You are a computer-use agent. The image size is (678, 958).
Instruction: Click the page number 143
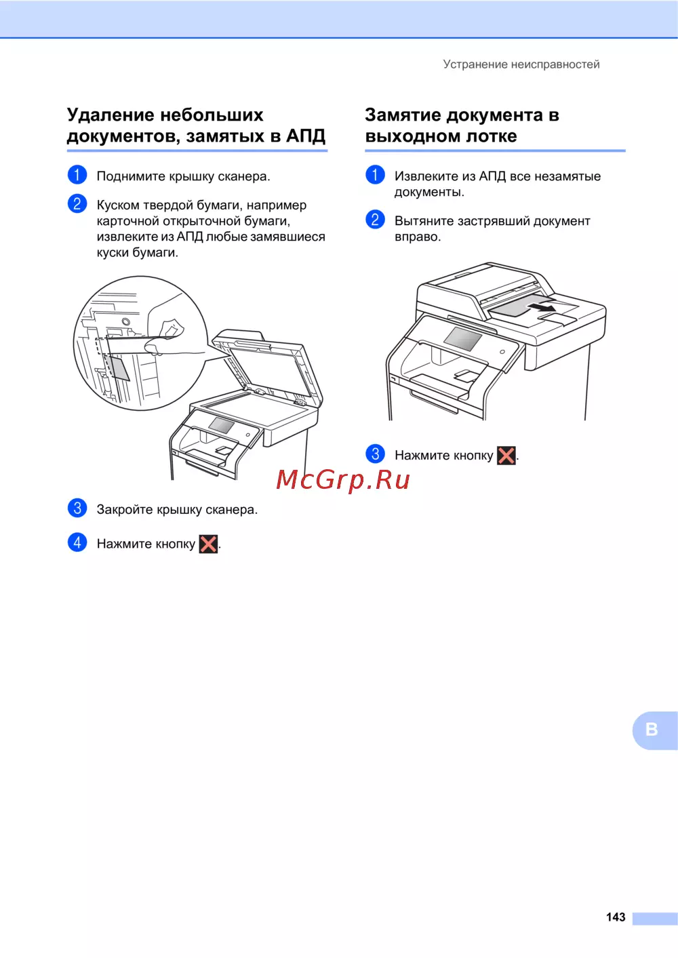coord(616,917)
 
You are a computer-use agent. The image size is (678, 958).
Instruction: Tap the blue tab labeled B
coord(655,730)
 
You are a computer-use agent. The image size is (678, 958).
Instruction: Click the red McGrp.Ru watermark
coord(343,480)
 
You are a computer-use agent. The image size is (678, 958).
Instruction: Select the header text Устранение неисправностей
coord(521,64)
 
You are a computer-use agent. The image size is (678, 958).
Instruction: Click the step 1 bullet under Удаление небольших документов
coord(77,175)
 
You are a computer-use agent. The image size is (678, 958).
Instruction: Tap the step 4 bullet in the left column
coord(77,542)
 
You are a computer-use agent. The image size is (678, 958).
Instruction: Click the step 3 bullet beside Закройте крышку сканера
coord(77,508)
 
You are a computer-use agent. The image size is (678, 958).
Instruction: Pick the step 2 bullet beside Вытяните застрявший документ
coord(375,220)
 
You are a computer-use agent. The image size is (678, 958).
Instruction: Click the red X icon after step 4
coord(208,544)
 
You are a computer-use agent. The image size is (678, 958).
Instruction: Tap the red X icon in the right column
coord(506,455)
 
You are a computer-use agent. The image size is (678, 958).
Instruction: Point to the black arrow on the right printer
coord(541,306)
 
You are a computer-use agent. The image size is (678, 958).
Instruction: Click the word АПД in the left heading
coord(305,136)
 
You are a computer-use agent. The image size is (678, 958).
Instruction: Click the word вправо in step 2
coord(418,237)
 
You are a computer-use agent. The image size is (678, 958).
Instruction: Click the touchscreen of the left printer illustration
coord(221,424)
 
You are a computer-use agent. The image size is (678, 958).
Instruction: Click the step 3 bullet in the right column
coord(375,454)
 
